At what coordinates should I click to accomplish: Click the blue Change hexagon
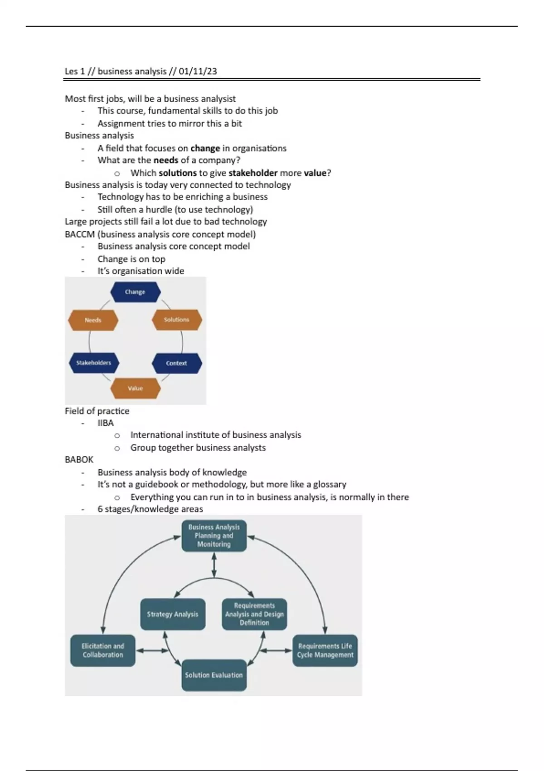135,292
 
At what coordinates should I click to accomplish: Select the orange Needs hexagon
93,320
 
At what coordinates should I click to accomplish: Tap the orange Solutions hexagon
176,320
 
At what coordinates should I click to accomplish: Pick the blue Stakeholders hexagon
93,363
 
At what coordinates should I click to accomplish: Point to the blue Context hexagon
176,363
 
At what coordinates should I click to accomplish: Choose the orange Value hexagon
135,388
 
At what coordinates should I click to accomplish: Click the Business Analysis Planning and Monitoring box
214,536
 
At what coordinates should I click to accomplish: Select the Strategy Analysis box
173,614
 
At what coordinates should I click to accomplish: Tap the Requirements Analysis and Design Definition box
254,614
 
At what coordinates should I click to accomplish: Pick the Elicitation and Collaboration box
103,650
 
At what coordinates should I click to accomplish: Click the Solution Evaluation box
214,675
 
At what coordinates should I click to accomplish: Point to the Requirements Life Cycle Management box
325,650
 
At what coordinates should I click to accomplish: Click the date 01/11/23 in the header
198,71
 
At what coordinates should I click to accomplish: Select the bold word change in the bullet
205,148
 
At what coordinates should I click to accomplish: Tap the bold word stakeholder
253,173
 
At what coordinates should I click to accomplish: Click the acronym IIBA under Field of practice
106,423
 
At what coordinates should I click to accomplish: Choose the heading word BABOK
79,459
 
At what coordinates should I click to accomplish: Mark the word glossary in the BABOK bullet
330,484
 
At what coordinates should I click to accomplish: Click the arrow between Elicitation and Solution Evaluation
152,651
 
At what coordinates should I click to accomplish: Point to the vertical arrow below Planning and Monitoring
214,565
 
